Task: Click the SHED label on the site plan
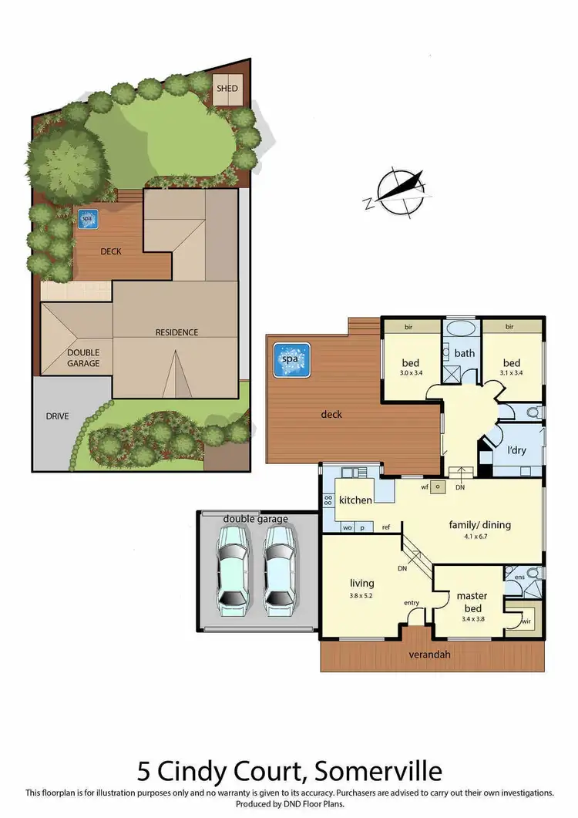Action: [228, 89]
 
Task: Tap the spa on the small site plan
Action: [86, 219]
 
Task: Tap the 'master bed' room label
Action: [472, 595]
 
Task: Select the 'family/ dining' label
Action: [479, 525]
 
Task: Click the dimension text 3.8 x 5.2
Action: [361, 594]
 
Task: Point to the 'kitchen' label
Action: [355, 500]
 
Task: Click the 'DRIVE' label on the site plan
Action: [57, 416]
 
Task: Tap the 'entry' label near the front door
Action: [412, 604]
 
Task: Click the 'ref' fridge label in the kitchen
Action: [387, 527]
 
